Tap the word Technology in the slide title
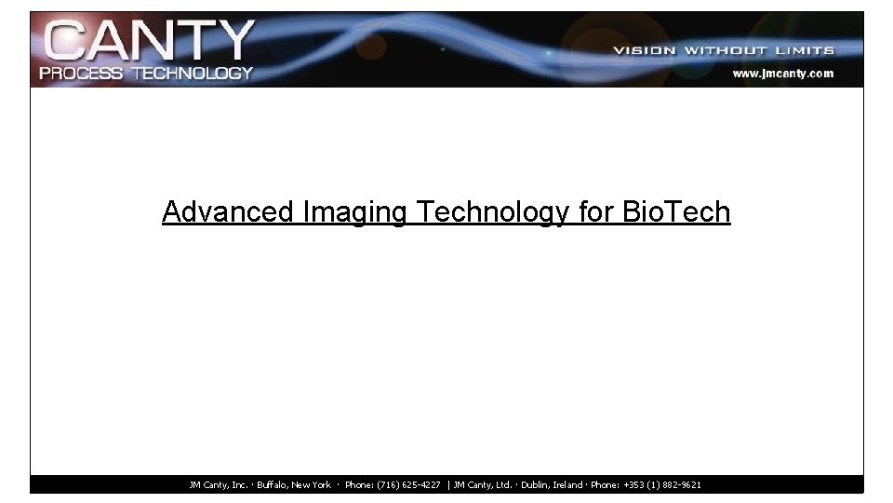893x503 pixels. coord(493,212)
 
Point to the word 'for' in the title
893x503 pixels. coord(596,212)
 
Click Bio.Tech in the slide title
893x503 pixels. coord(676,212)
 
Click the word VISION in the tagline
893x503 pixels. coord(645,50)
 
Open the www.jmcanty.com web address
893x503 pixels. coord(783,73)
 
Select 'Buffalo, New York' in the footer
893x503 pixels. coord(294,485)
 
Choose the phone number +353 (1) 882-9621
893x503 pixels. coord(662,485)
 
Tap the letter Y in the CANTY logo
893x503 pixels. coord(233,42)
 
